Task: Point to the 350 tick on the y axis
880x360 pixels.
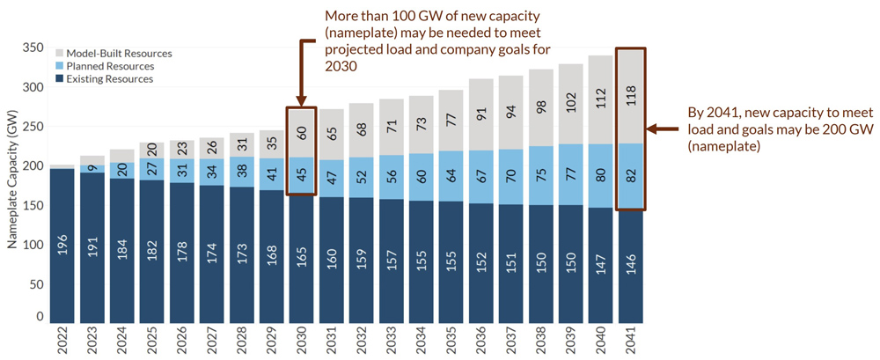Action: click(32, 48)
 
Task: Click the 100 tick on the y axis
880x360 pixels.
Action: click(32, 246)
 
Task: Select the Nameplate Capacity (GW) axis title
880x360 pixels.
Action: click(12, 185)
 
